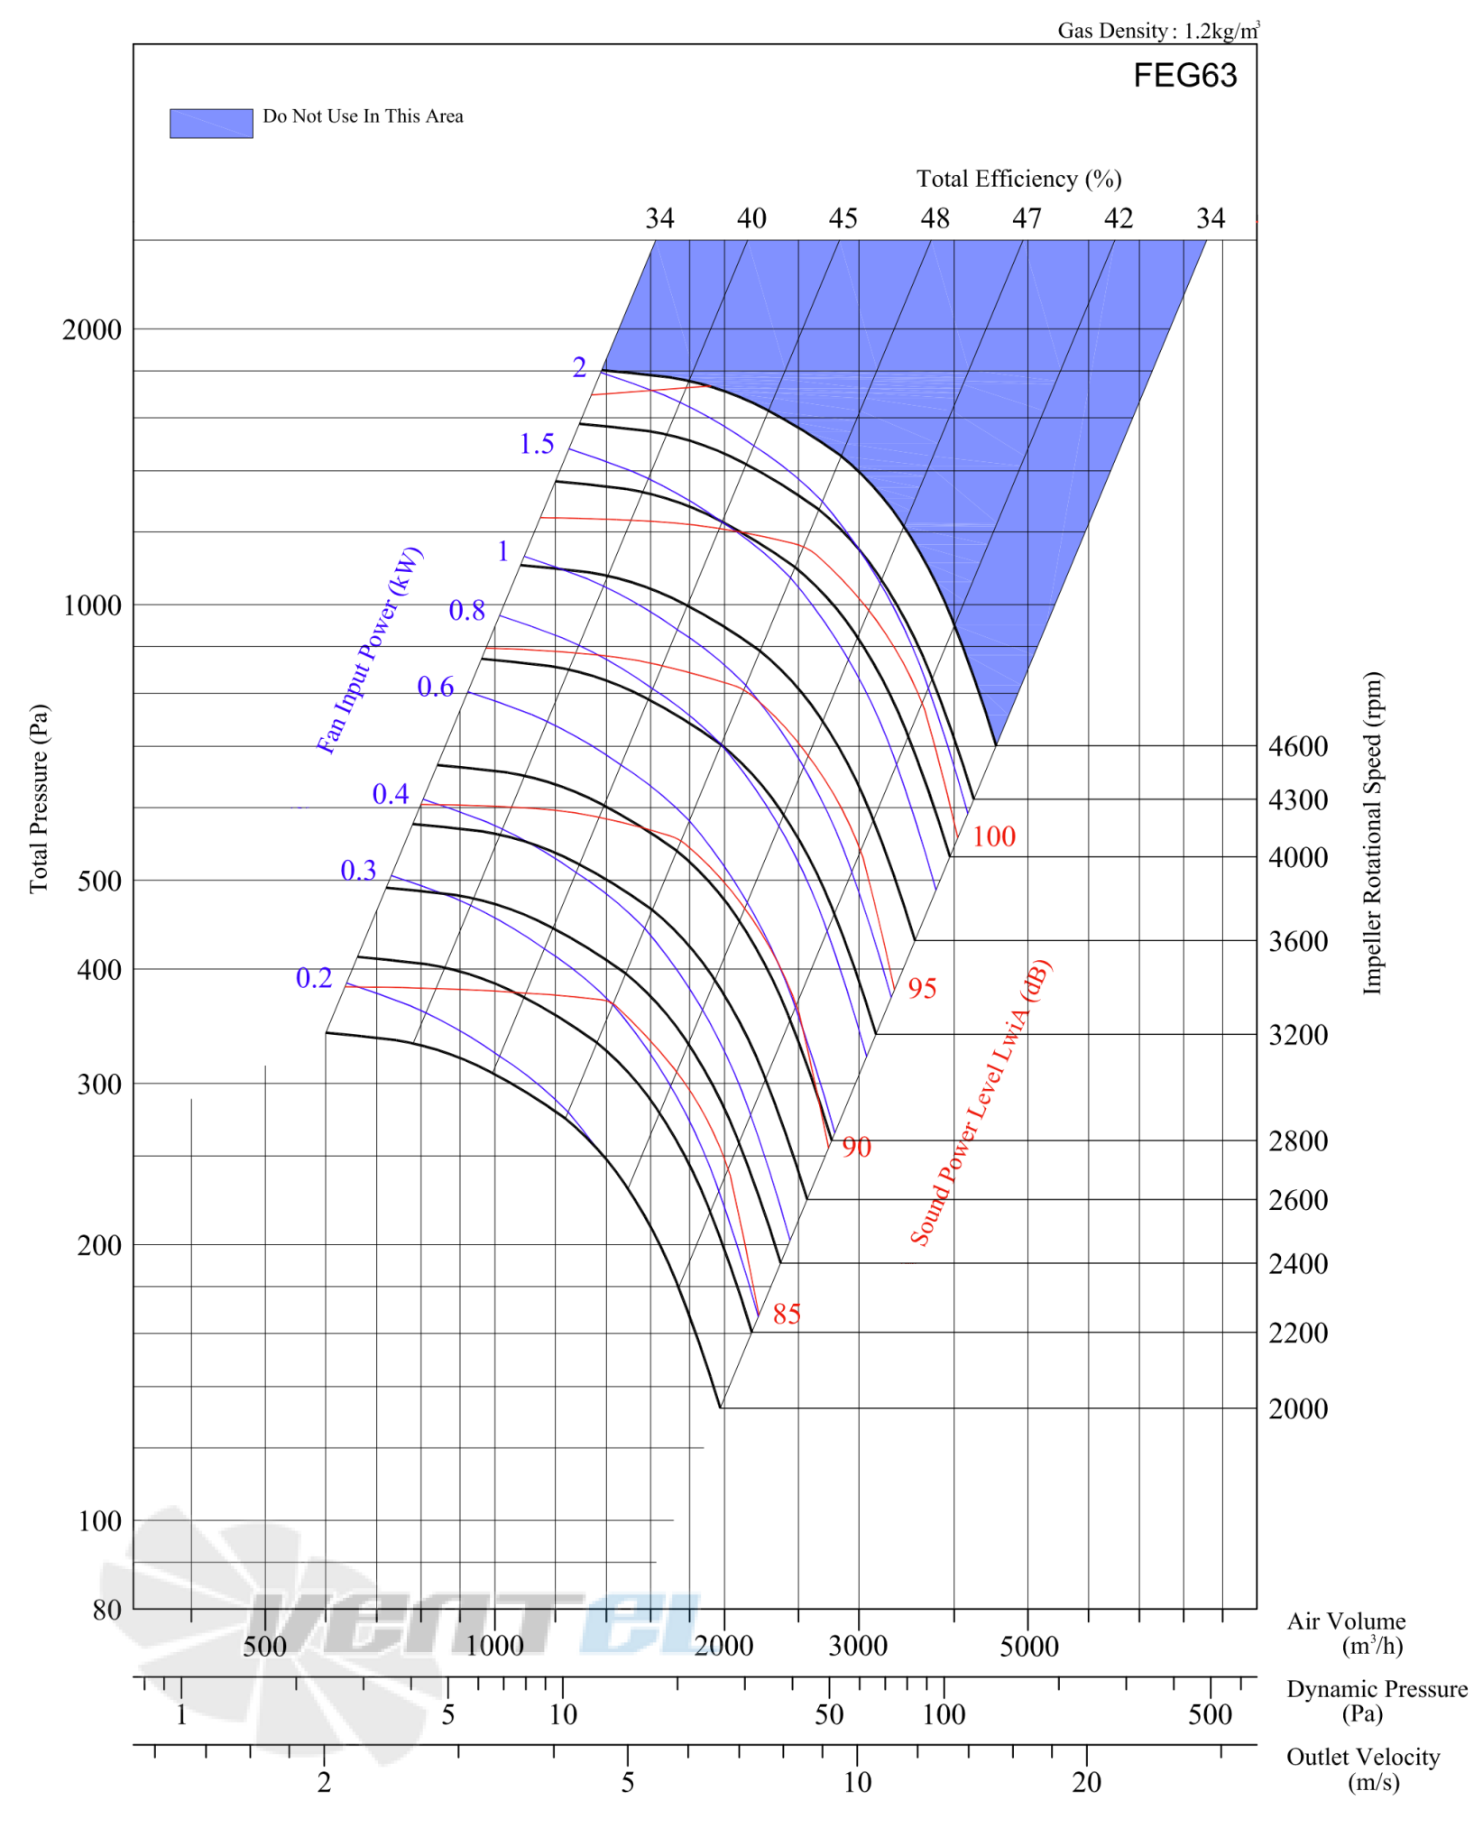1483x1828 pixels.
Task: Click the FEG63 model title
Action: [x=1184, y=76]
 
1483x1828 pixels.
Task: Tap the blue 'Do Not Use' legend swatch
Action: [x=211, y=123]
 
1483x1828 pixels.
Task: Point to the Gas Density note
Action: [x=1158, y=31]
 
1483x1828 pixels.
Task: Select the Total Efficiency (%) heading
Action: [x=1018, y=179]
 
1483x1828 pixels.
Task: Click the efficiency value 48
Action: [x=935, y=218]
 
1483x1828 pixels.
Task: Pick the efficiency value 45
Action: [x=843, y=218]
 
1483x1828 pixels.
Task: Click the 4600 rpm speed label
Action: [x=1297, y=746]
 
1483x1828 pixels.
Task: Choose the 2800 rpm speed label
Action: [x=1297, y=1140]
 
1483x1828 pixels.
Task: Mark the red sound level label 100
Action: [x=993, y=836]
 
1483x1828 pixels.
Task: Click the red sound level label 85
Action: [x=787, y=1314]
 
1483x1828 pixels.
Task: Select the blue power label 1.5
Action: [x=537, y=444]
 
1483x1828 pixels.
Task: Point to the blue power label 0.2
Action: [x=314, y=978]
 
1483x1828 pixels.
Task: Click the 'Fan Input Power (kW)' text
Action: [x=369, y=650]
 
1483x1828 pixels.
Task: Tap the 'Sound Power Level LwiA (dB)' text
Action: [x=981, y=1103]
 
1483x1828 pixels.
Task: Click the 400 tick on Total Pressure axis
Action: [x=99, y=970]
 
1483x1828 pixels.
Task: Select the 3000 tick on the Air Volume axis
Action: [x=858, y=1646]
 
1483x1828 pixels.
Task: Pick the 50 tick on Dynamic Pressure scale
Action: [x=829, y=1714]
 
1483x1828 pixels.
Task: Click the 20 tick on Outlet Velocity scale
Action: [x=1087, y=1782]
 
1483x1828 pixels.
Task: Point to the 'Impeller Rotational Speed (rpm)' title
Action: [x=1372, y=833]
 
